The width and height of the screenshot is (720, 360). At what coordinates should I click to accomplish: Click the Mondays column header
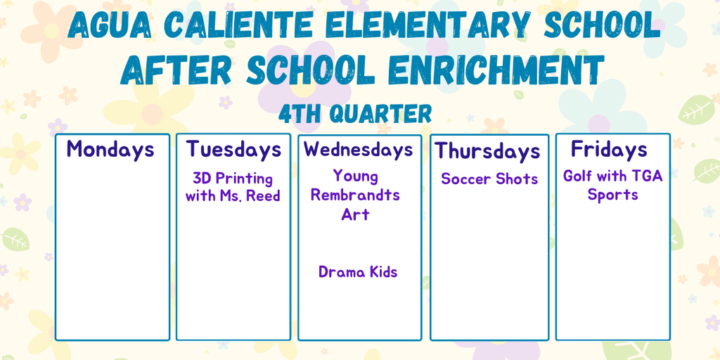(110, 149)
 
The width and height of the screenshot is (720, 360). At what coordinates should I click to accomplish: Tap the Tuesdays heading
(233, 150)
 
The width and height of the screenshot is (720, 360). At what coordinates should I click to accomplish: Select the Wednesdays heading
(359, 150)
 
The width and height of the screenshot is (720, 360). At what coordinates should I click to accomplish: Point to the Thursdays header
(487, 150)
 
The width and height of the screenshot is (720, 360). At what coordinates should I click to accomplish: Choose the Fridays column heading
(609, 149)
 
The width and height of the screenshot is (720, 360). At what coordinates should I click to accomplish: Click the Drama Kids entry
(358, 272)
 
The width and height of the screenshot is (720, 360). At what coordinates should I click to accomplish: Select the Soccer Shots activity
(489, 179)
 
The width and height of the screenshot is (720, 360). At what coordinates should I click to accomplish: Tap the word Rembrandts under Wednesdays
(355, 195)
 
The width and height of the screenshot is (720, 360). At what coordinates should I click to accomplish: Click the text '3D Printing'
(233, 178)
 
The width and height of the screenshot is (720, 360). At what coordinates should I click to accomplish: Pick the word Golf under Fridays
(577, 176)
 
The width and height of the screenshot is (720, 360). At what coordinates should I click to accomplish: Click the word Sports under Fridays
(613, 195)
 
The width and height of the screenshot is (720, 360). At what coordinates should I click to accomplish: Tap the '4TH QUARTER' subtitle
(355, 113)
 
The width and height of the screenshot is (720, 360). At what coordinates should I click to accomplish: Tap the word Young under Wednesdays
(356, 176)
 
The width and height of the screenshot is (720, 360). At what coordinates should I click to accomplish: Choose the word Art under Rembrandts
(355, 214)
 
